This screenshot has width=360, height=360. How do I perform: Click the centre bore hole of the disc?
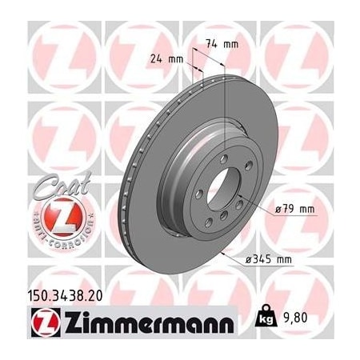click(x=223, y=194)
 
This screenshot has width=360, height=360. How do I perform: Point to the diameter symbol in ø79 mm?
click(x=275, y=210)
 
